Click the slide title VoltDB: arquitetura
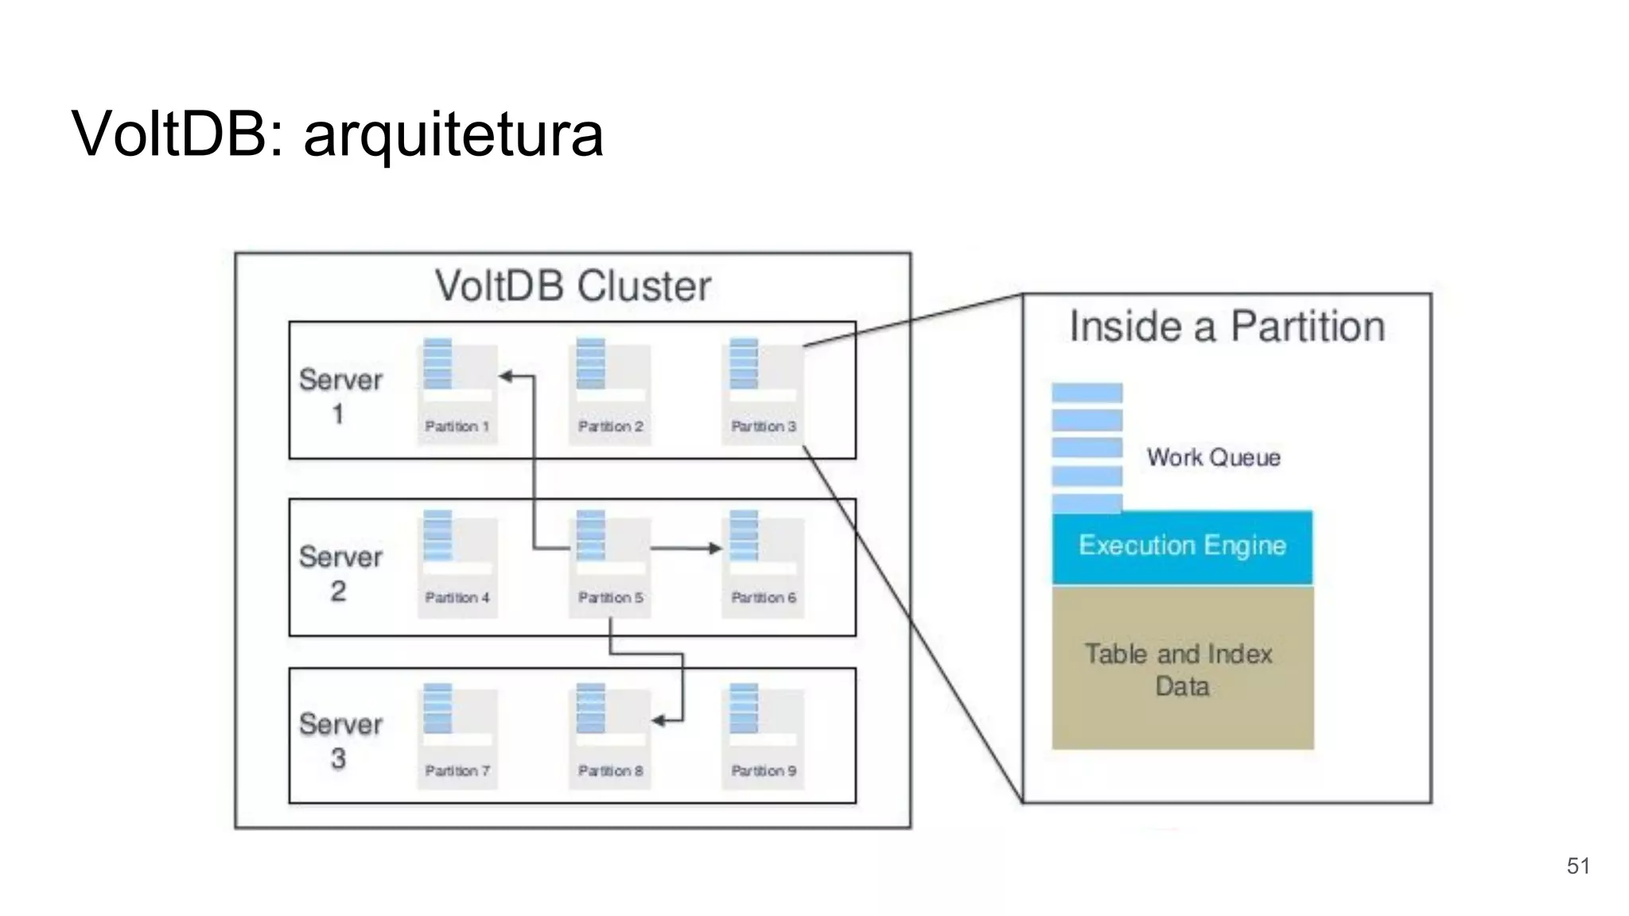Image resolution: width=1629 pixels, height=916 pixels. (337, 134)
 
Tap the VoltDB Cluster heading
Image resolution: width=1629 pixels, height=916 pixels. (573, 286)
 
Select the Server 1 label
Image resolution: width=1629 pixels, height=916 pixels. (340, 396)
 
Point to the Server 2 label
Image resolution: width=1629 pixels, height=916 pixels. (340, 573)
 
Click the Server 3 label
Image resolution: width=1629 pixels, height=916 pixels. (340, 740)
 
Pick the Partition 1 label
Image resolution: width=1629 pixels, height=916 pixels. (457, 426)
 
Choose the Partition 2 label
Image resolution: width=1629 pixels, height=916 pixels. (610, 426)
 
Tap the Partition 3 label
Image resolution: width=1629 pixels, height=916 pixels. (764, 426)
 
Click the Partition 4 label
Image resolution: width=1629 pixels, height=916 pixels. (457, 597)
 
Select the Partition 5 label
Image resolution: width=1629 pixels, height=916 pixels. (610, 597)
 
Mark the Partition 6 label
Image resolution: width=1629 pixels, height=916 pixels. (764, 597)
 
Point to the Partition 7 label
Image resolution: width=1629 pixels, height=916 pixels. (457, 770)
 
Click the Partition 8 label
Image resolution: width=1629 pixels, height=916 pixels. (610, 770)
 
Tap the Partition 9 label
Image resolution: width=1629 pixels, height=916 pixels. (764, 770)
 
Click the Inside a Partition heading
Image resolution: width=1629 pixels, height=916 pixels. (1227, 327)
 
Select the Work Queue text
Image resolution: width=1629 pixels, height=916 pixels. (1213, 457)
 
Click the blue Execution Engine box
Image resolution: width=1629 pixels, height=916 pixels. (1182, 547)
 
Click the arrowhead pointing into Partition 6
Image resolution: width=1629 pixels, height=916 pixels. (715, 548)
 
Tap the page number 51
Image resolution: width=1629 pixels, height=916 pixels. (1578, 866)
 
